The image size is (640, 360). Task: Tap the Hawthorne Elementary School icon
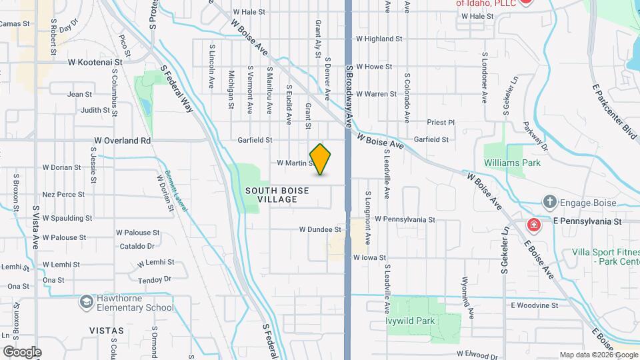[x=86, y=303]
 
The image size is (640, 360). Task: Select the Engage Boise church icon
[x=549, y=201]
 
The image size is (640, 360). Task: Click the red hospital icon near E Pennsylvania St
[x=533, y=225]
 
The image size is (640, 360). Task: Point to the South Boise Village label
[x=277, y=195]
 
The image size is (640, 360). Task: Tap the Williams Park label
[x=513, y=162]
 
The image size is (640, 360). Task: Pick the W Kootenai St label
[x=95, y=61]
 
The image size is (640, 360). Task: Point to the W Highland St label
[x=385, y=39]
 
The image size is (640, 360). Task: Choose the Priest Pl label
[x=441, y=123]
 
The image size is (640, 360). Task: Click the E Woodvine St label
[x=534, y=305]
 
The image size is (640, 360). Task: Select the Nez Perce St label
[x=63, y=195]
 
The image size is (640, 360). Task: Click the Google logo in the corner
[x=21, y=352]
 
